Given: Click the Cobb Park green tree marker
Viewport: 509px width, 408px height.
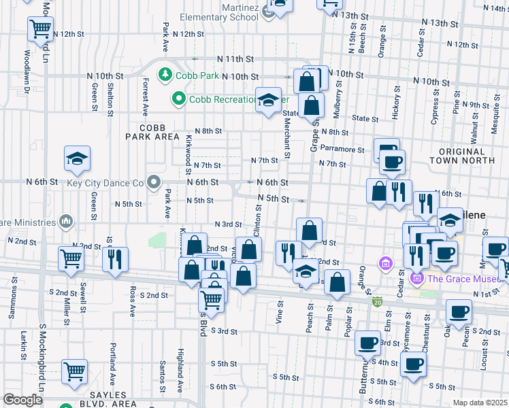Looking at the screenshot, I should pos(165,74).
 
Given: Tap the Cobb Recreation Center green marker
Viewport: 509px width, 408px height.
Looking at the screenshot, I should pos(179,99).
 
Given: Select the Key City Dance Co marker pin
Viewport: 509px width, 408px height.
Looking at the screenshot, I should pos(153,182).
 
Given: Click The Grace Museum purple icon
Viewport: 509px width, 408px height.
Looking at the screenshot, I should pos(417,277).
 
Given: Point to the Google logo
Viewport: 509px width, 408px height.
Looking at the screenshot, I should pos(22,400).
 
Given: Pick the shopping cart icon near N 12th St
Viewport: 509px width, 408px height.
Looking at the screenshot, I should pos(41,29).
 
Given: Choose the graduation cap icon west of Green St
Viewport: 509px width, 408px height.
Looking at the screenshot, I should pos(77,159).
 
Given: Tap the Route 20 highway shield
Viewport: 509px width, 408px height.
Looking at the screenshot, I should pos(376,301).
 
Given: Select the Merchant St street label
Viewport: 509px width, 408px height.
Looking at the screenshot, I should pos(286,135).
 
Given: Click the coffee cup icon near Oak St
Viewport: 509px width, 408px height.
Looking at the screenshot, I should pos(459,312).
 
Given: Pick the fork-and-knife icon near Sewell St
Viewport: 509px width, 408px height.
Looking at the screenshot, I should pos(114,260).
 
